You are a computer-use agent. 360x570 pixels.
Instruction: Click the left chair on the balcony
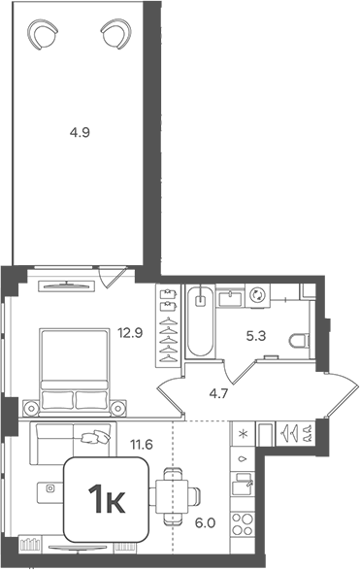pos(43,36)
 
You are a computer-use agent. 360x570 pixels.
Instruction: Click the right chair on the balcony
pos(115,36)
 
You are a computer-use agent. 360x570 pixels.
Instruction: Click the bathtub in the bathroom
pos(200,321)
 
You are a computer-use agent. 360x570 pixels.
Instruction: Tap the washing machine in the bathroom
pos(258,295)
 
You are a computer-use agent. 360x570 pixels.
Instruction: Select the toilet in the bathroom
pos(299,340)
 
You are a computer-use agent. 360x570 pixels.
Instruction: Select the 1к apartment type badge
pos(106,500)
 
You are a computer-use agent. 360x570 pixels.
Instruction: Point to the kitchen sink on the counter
pos(244,484)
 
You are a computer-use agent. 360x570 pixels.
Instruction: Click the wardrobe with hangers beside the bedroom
pos(169,325)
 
